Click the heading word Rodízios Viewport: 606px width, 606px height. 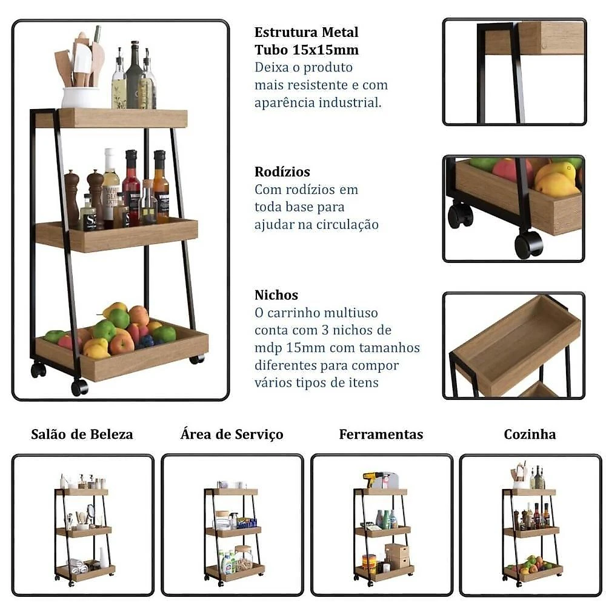pyautogui.click(x=282, y=171)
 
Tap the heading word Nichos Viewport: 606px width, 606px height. pyautogui.click(x=276, y=295)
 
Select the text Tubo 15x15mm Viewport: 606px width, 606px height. pyautogui.click(x=307, y=50)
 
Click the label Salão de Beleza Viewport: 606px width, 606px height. pyautogui.click(x=82, y=434)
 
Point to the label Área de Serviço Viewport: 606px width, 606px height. pyautogui.click(x=232, y=434)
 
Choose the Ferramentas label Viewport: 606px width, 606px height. pyautogui.click(x=381, y=434)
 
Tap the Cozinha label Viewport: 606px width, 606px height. pyautogui.click(x=530, y=434)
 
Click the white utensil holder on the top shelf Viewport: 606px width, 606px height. pyautogui.click(x=81, y=97)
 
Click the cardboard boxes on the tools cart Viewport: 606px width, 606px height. pyautogui.click(x=397, y=556)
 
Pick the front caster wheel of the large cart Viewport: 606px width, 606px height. pyautogui.click(x=79, y=387)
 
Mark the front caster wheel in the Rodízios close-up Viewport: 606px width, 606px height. pyautogui.click(x=528, y=244)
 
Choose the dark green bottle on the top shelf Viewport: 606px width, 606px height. pyautogui.click(x=134, y=75)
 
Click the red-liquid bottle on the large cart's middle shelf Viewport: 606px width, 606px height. pyautogui.click(x=132, y=187)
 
